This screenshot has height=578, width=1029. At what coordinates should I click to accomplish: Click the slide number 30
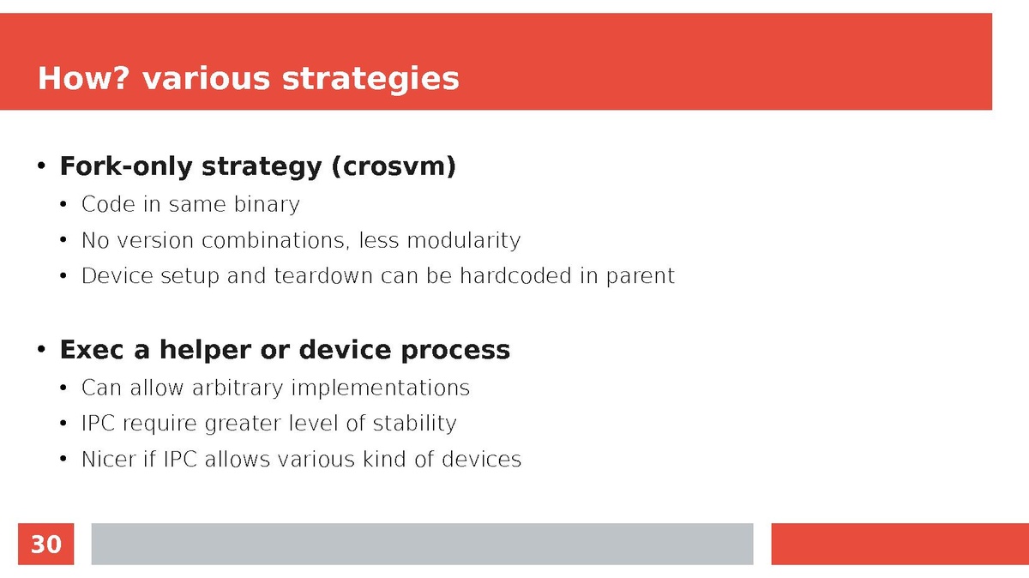tap(46, 544)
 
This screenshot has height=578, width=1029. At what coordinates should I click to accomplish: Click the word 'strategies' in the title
tap(370, 79)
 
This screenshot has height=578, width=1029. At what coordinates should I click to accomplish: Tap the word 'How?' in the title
tap(85, 78)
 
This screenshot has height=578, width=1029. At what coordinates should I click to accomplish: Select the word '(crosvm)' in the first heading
tap(394, 166)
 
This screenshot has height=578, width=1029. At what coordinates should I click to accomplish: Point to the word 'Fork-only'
tap(126, 166)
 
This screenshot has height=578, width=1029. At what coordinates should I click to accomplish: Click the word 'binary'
tap(267, 204)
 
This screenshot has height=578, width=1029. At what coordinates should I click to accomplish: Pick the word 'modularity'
tap(464, 240)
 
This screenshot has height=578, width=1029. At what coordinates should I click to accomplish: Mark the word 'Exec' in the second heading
tap(92, 350)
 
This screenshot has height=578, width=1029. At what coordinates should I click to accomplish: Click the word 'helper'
tap(205, 350)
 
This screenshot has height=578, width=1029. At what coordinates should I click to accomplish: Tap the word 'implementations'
tap(381, 388)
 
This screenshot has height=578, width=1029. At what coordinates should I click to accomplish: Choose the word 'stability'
tap(415, 423)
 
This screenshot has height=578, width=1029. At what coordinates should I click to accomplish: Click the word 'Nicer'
tap(108, 459)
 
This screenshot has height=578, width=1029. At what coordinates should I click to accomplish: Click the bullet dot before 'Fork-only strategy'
tap(41, 166)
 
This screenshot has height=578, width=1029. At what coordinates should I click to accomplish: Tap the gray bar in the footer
tap(422, 544)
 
